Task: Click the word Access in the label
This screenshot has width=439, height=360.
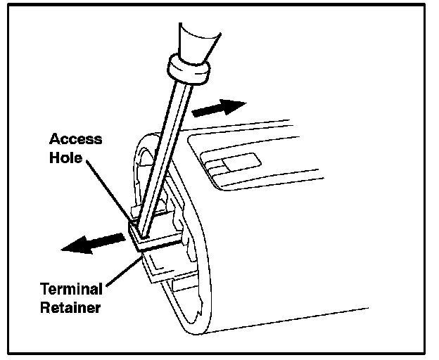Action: point(76,139)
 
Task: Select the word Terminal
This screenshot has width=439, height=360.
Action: point(70,288)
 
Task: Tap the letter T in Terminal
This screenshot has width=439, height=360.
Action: point(45,288)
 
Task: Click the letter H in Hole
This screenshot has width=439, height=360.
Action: point(54,157)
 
